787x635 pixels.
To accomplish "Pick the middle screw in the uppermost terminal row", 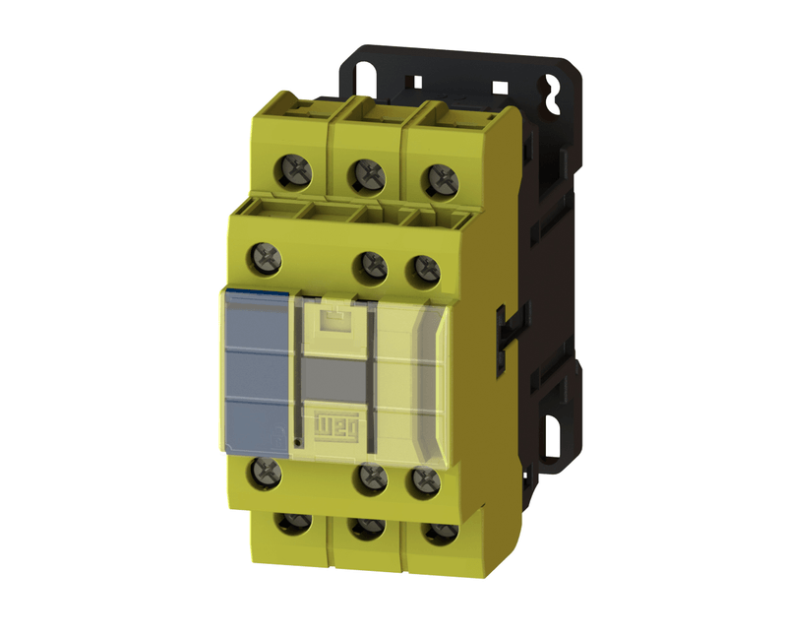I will click(x=367, y=174).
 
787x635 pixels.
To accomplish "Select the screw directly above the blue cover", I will click(x=268, y=258).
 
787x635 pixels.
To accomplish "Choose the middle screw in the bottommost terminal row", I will click(x=368, y=528).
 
